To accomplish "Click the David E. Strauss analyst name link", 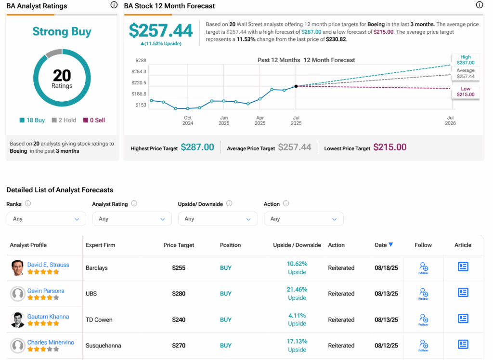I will [x=48, y=265].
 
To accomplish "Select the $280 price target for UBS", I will [x=179, y=294].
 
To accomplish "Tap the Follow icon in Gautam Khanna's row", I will [x=424, y=319].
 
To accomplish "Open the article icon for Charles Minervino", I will [x=463, y=344].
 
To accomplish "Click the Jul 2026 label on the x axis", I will [x=451, y=120].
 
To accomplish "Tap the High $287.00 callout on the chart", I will [x=466, y=60].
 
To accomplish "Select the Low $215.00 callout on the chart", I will [x=466, y=92].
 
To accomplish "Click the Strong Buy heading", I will [x=62, y=32].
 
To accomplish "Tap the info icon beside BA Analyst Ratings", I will [x=114, y=5].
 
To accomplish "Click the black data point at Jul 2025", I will [x=296, y=86].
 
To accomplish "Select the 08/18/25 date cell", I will [x=386, y=268].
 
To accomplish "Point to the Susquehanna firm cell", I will [x=104, y=346].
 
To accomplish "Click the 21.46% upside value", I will [x=297, y=290].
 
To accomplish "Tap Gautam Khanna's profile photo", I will [x=18, y=320].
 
